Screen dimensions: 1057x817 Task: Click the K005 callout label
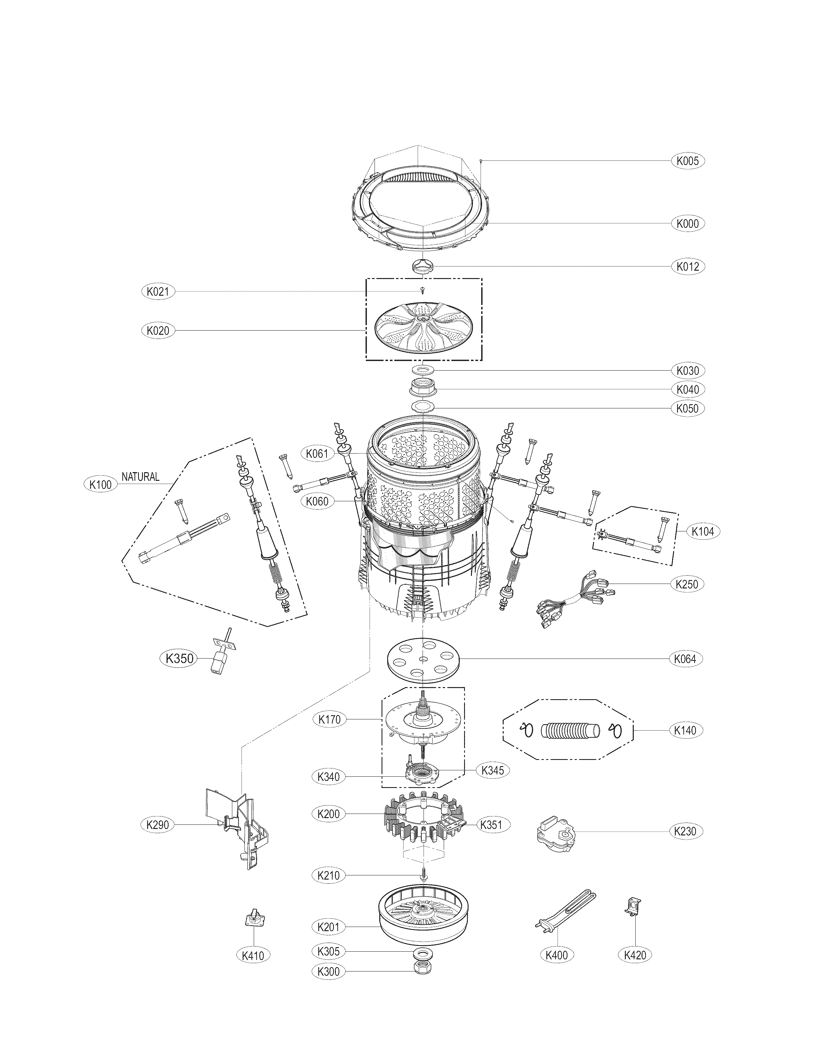tap(687, 161)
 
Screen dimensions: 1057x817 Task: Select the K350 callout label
tap(179, 658)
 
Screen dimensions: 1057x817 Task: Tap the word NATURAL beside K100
tap(140, 477)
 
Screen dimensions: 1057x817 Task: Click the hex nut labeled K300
tap(423, 980)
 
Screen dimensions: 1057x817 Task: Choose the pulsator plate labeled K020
tap(423, 328)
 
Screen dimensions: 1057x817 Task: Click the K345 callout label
tap(493, 770)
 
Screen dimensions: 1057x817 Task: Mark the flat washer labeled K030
tap(423, 370)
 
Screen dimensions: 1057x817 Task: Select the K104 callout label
tap(702, 531)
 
